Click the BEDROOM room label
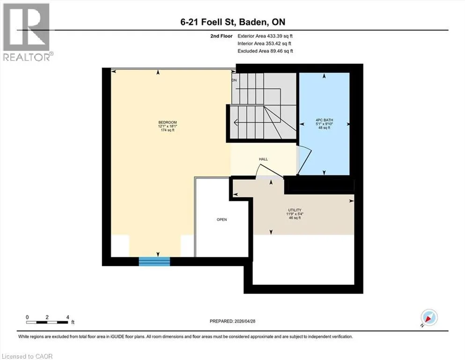pyautogui.click(x=168, y=122)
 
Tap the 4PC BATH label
pyautogui.click(x=324, y=120)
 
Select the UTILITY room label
pyautogui.click(x=295, y=210)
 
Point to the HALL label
pyautogui.click(x=263, y=159)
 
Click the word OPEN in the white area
pyautogui.click(x=222, y=220)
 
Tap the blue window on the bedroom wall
pyautogui.click(x=155, y=262)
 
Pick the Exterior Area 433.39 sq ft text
pyautogui.click(x=265, y=36)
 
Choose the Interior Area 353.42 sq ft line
pyautogui.click(x=264, y=43)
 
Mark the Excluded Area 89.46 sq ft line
pyautogui.click(x=265, y=51)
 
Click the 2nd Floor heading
pyautogui.click(x=221, y=36)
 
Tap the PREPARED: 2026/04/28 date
pyautogui.click(x=232, y=321)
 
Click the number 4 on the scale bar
pyautogui.click(x=67, y=317)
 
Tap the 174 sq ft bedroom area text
pyautogui.click(x=168, y=130)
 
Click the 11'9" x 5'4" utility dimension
pyautogui.click(x=295, y=214)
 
